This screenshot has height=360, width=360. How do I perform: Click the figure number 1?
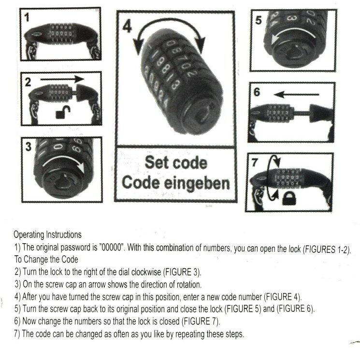[27, 17]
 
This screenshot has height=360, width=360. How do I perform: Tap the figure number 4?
[127, 26]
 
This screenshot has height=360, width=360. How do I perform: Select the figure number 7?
[254, 162]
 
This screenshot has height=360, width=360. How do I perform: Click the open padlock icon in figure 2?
[63, 112]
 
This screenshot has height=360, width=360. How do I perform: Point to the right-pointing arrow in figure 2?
[62, 79]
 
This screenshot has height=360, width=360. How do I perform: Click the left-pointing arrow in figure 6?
[296, 95]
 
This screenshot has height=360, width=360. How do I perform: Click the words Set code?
[176, 163]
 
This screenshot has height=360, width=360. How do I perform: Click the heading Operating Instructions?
[47, 235]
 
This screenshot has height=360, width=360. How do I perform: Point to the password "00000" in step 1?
[113, 247]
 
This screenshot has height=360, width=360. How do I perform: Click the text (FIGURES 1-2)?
[327, 249]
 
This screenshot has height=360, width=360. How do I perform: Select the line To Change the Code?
[46, 260]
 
